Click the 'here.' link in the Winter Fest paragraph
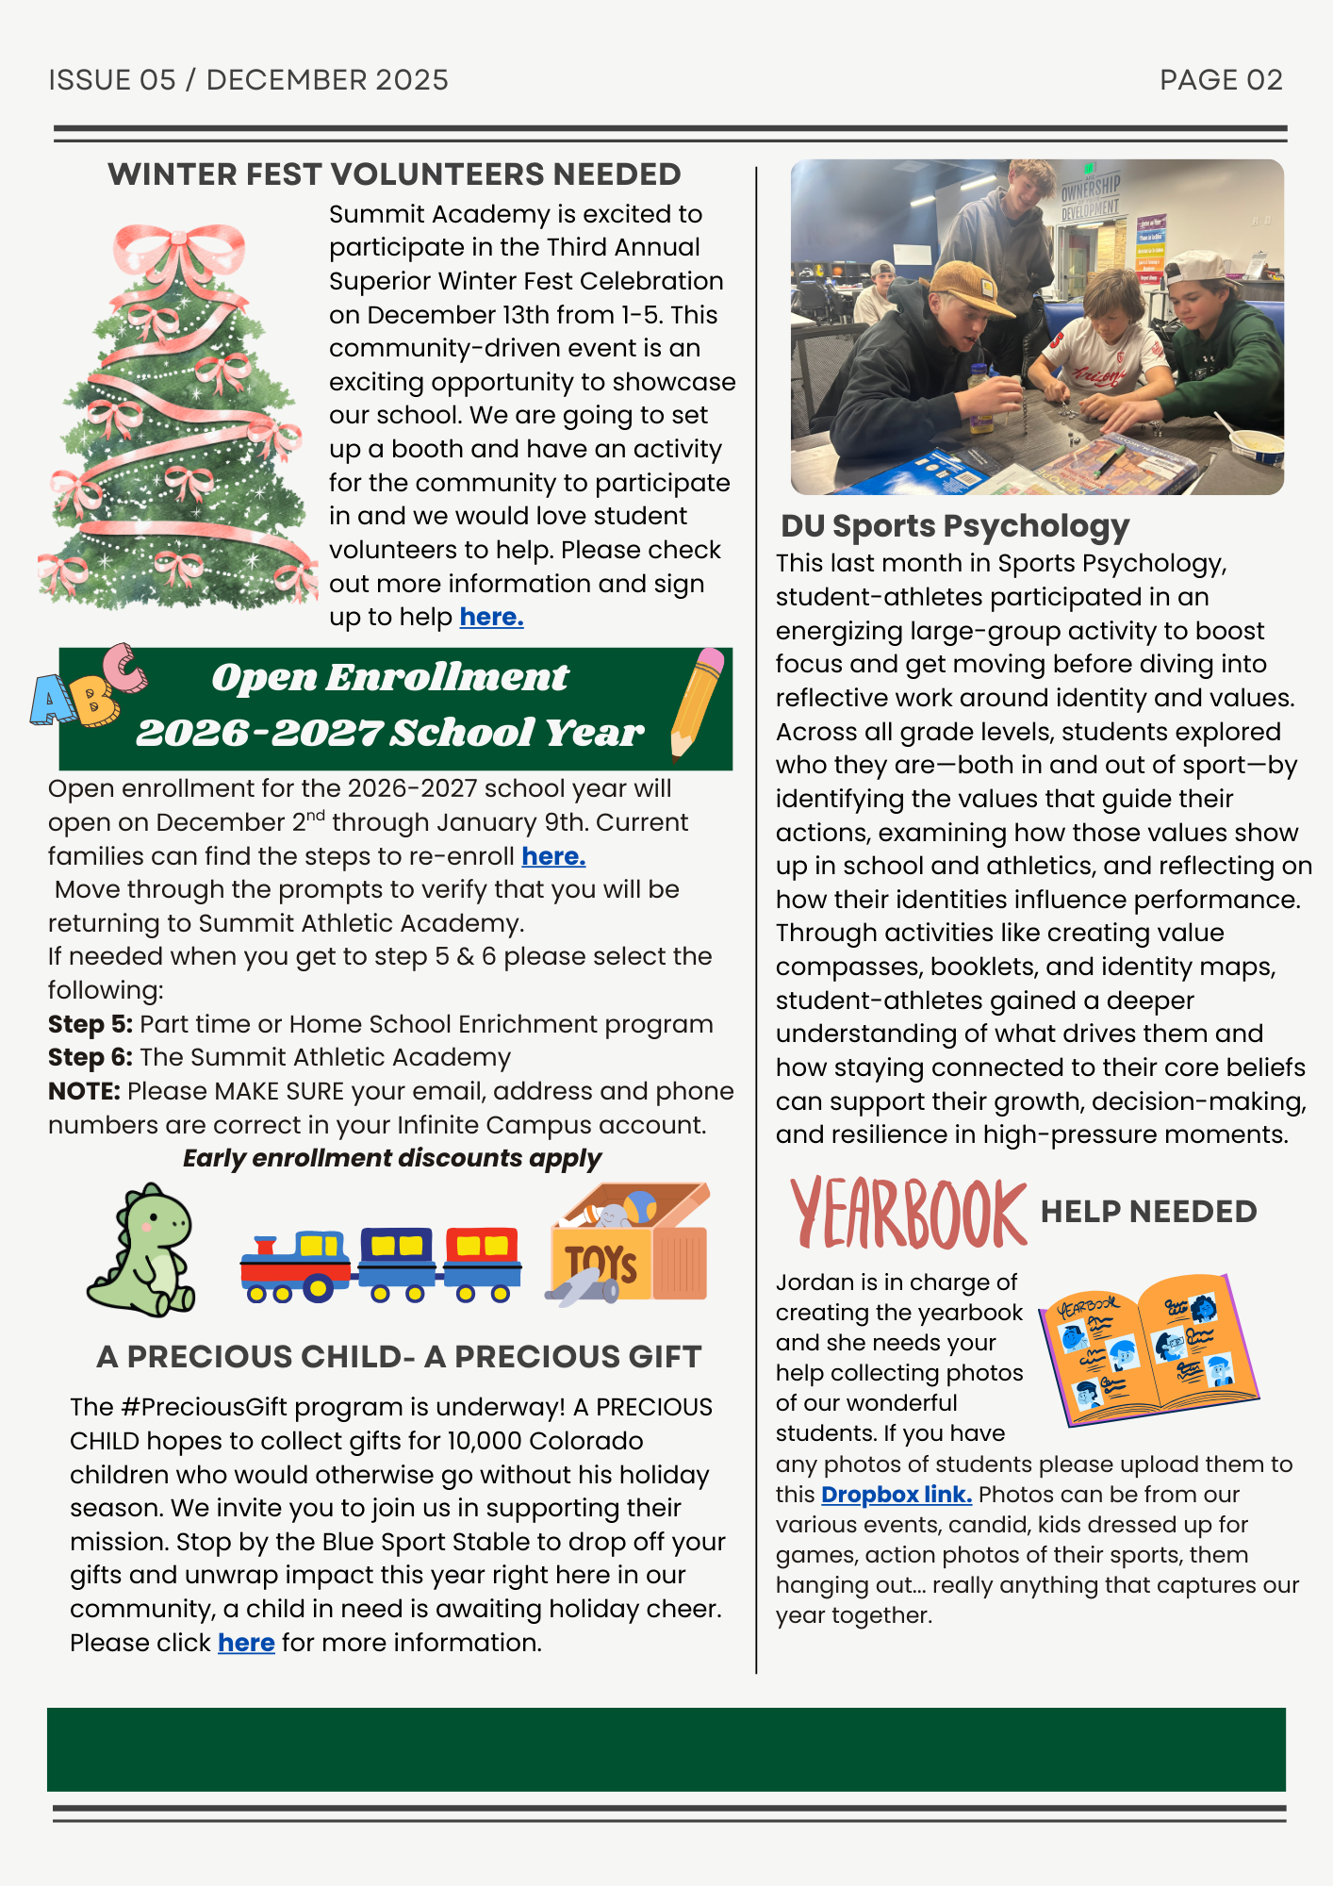pos(491,618)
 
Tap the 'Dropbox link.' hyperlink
pos(896,1495)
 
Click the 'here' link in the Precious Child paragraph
pos(246,1643)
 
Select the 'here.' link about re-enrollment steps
pos(553,856)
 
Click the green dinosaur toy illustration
pos(144,1250)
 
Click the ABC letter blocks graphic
pos(88,687)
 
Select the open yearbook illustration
pos(1148,1348)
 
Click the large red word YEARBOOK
pos(908,1213)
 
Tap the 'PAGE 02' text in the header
pos(1221,80)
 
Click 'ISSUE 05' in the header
pos(112,80)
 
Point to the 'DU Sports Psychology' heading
pos(955,526)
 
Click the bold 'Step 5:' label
pos(91,1024)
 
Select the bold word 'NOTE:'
pos(84,1091)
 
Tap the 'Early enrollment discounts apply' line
pos(392,1158)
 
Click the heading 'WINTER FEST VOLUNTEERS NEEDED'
pos(394,174)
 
